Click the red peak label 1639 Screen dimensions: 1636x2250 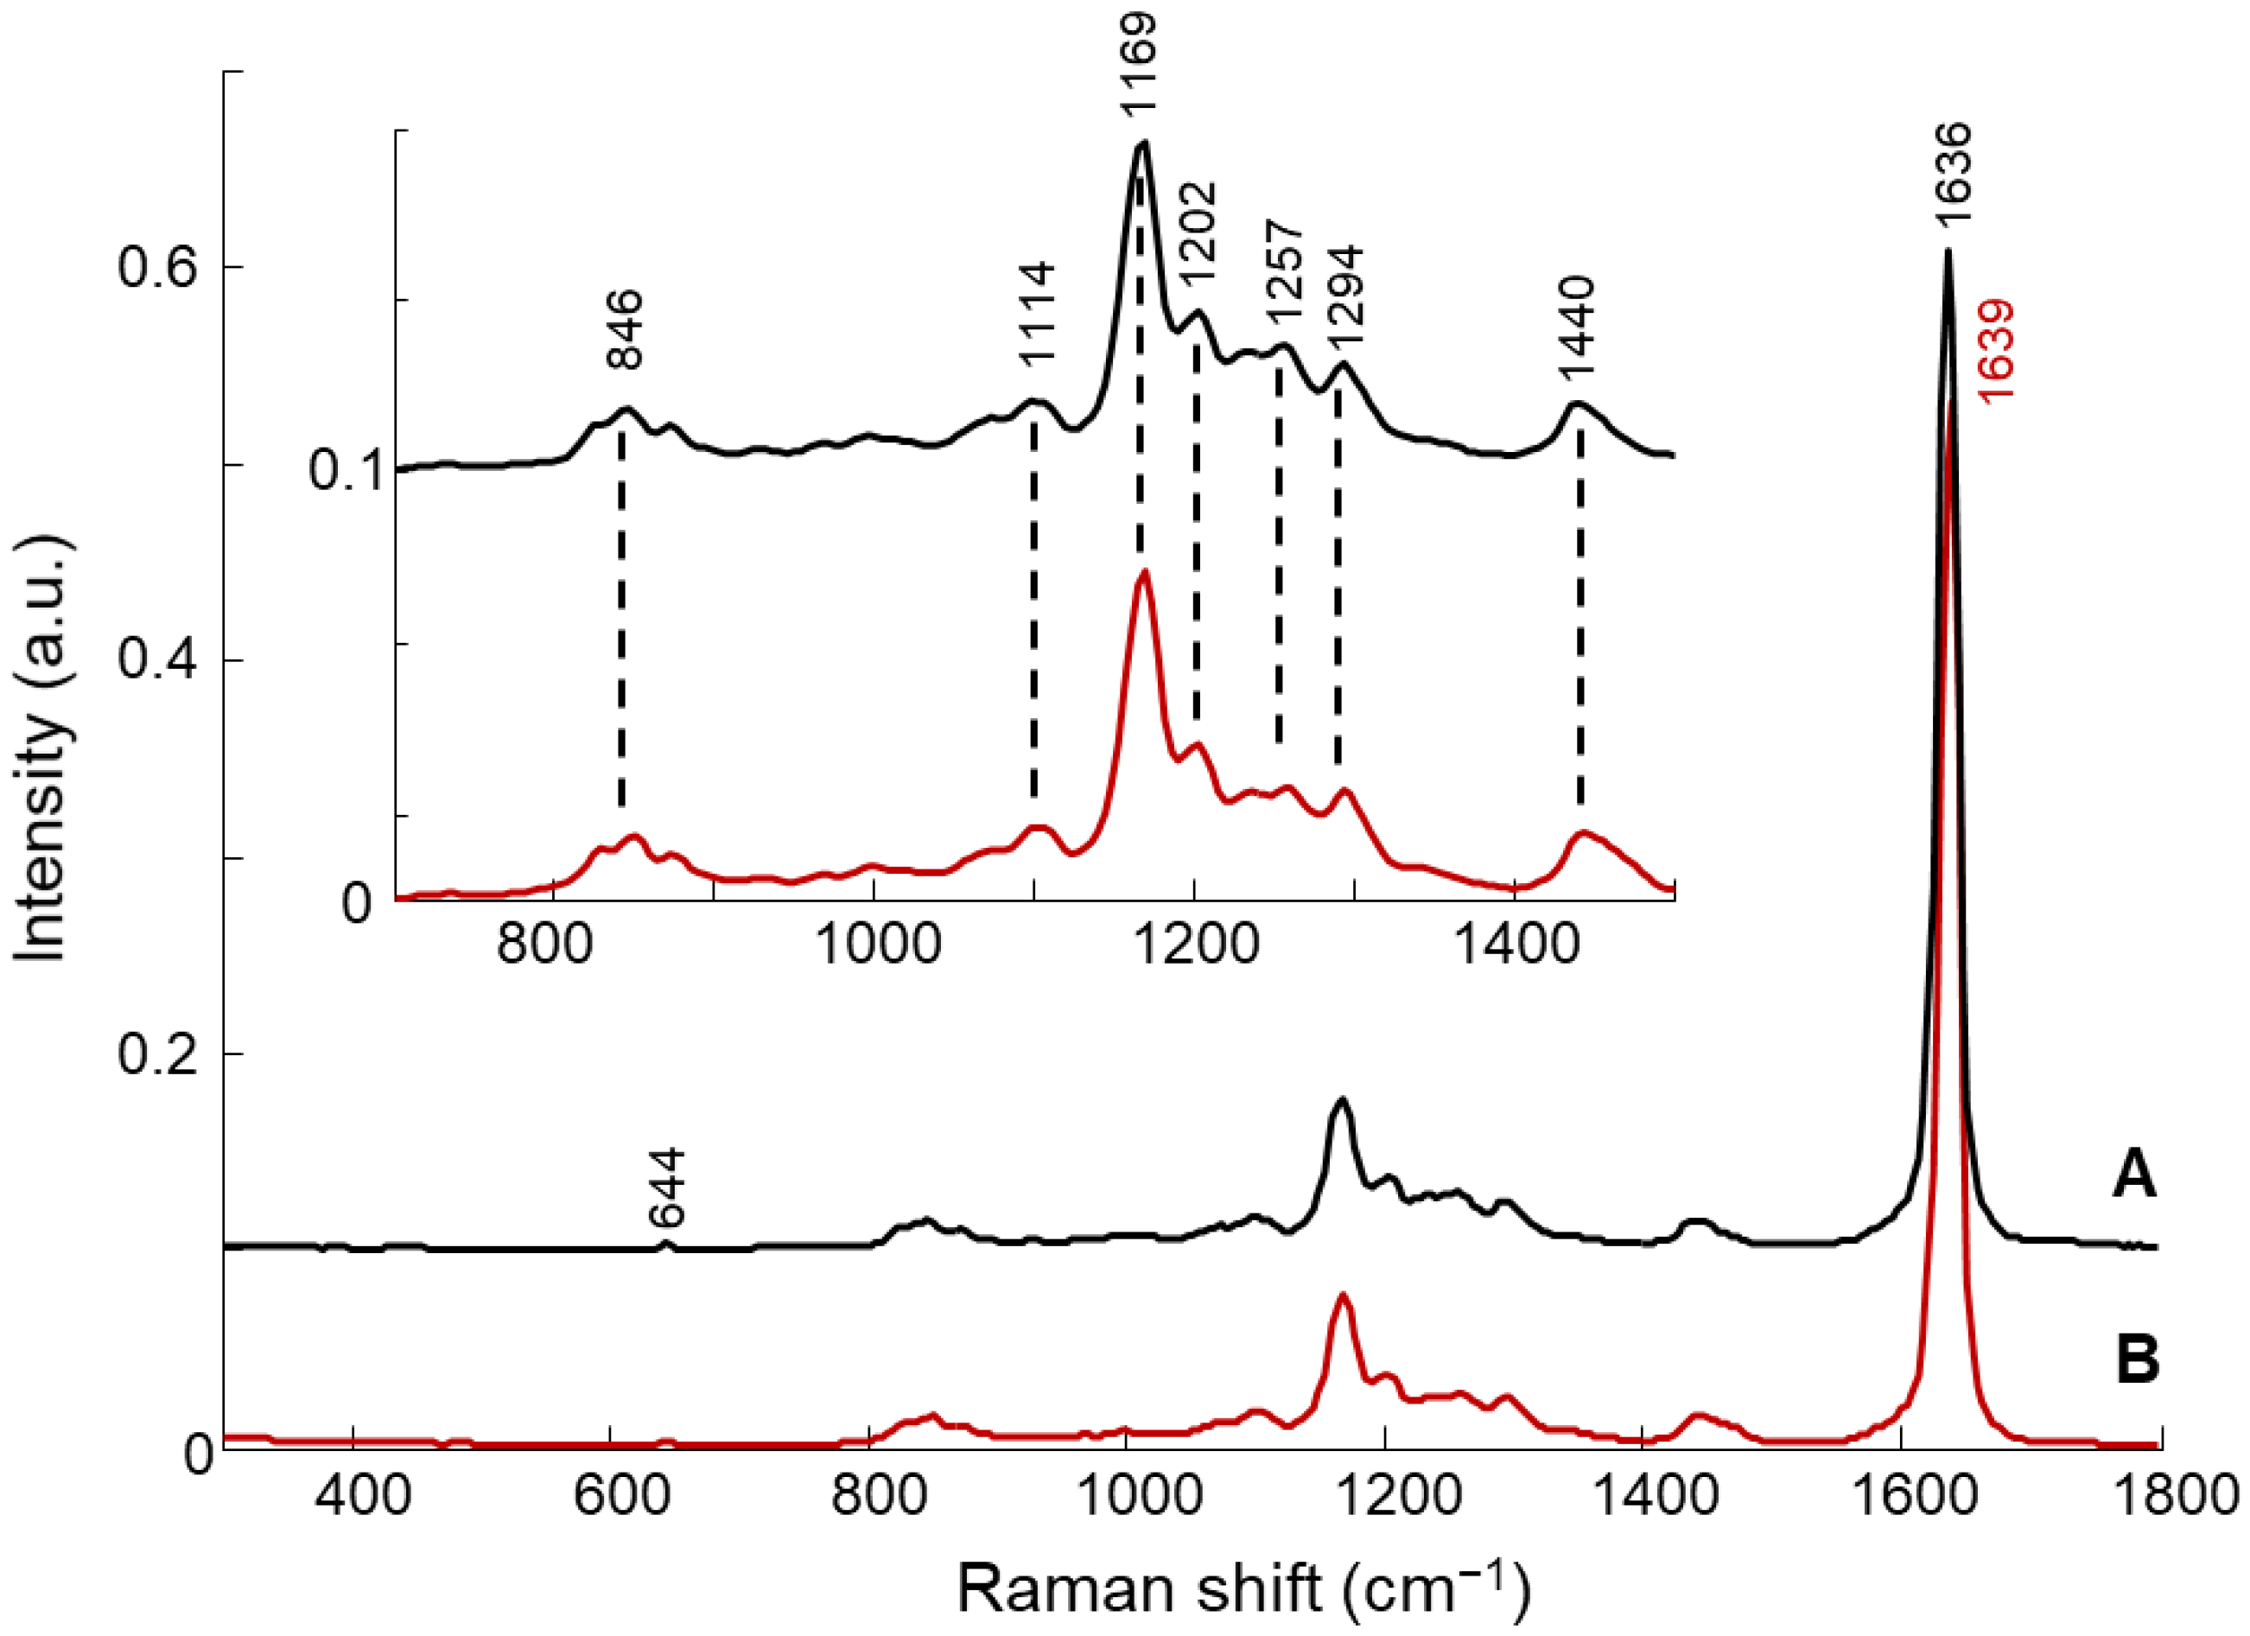[1996, 350]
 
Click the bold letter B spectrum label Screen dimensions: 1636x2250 [2137, 1361]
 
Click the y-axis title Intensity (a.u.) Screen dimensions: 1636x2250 [41, 749]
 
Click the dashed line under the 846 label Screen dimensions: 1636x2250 [621, 625]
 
